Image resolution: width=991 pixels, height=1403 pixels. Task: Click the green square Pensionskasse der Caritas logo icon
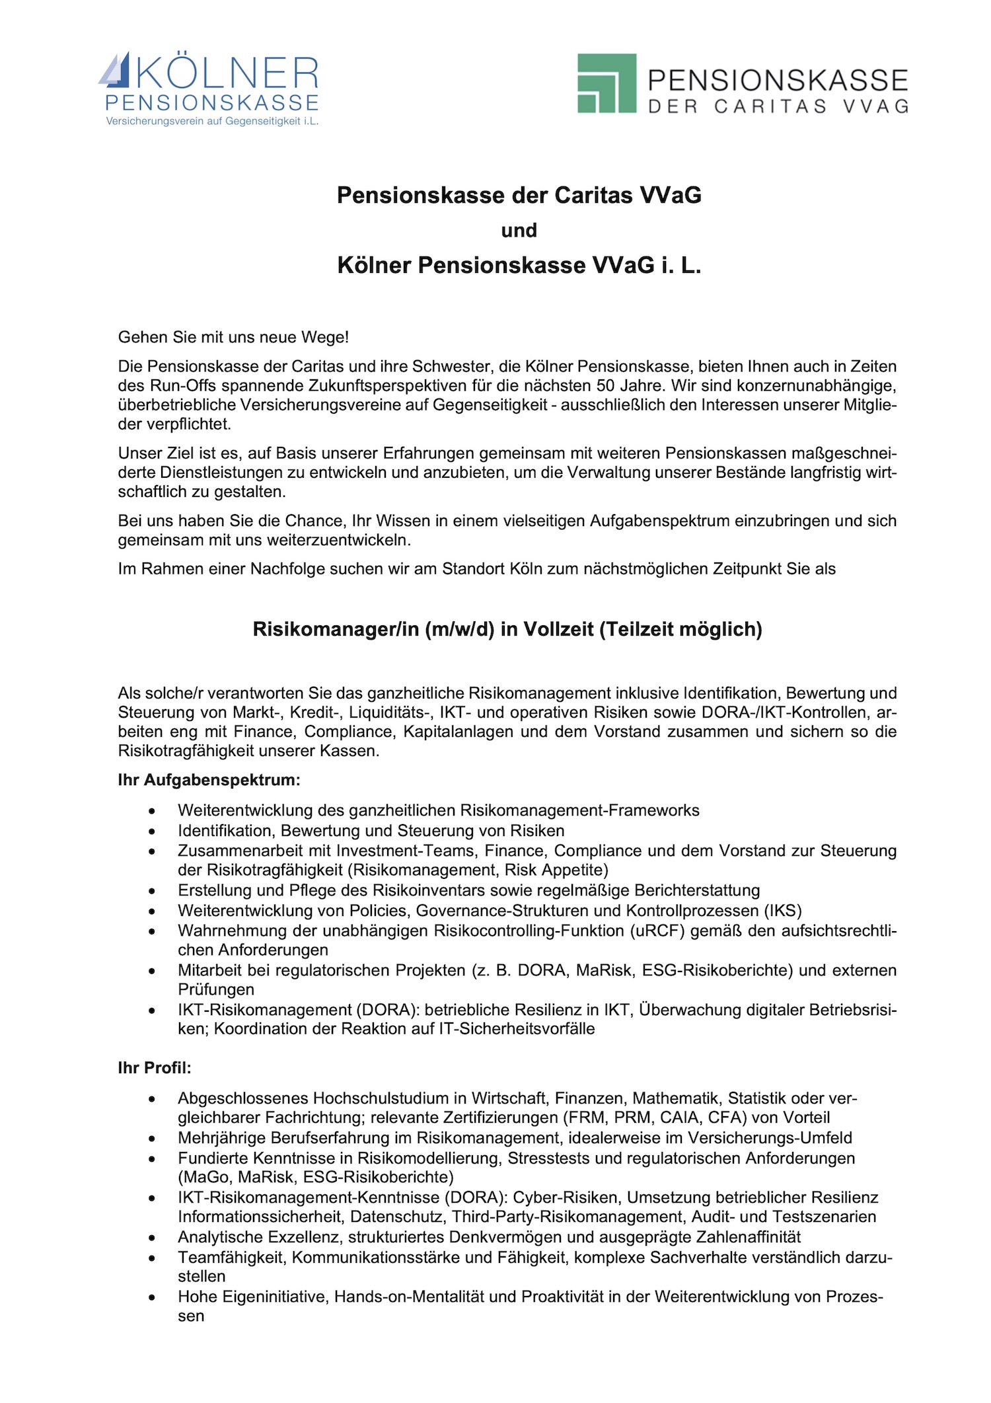click(x=606, y=83)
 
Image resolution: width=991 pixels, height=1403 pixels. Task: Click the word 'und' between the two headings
click(x=519, y=231)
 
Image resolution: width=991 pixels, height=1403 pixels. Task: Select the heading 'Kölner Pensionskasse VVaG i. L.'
click(x=519, y=266)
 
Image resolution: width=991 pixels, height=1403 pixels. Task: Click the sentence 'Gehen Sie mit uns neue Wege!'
click(x=233, y=338)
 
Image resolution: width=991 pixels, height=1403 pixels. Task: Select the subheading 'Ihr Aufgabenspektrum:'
click(x=209, y=780)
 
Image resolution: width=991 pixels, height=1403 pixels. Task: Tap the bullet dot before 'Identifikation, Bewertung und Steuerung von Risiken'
click(x=153, y=831)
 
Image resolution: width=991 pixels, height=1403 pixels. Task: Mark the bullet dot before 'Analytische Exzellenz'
click(x=153, y=1237)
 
